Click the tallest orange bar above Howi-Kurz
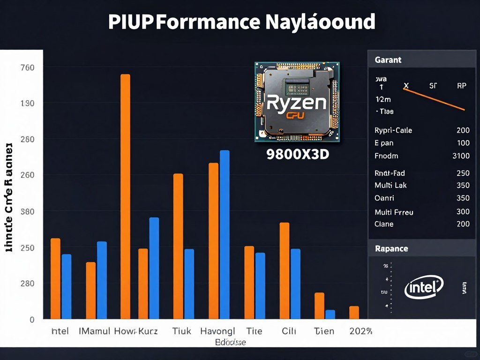coord(125,197)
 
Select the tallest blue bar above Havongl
coord(225,234)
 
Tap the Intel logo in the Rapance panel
coord(424,286)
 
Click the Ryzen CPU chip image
coord(297,102)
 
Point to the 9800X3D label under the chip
coord(298,155)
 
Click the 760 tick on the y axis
coord(28,67)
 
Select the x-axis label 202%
coord(360,331)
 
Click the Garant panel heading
coord(388,60)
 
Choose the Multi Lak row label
coord(391,185)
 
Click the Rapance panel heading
coord(391,248)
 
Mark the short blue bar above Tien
coord(330,315)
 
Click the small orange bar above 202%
coord(354,313)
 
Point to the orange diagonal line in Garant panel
coord(434,99)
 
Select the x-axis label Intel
coord(60,331)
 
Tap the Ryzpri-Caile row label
coord(393,130)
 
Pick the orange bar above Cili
coord(285,270)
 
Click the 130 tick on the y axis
coord(28,103)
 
